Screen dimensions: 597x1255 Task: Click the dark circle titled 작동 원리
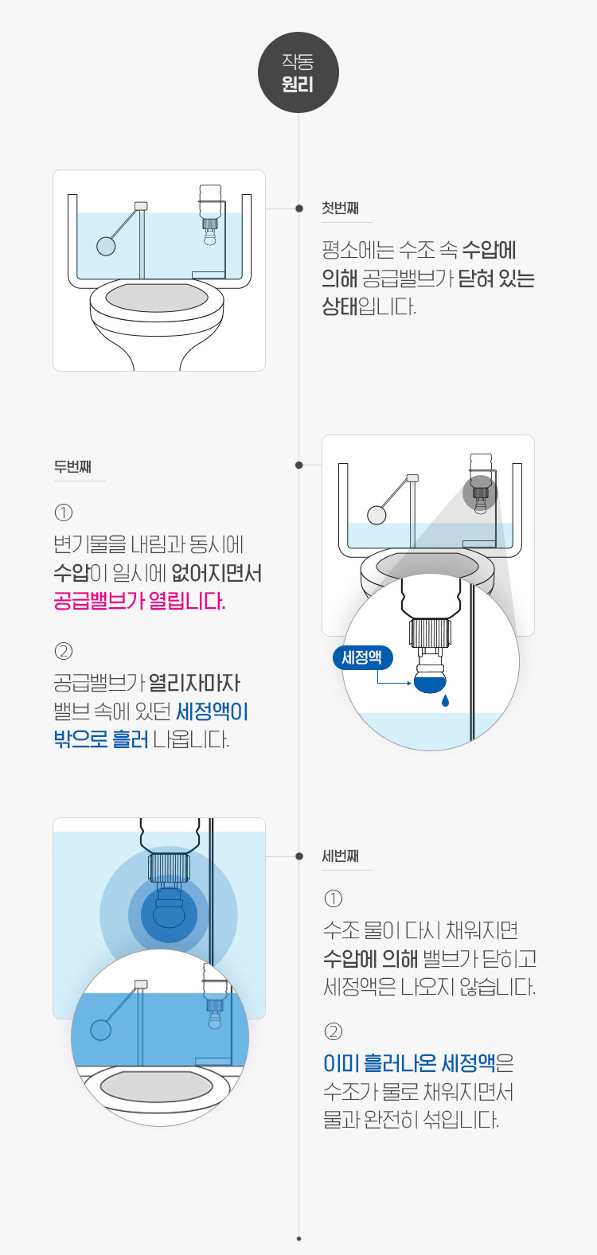coord(298,72)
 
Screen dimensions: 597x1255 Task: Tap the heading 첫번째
coord(340,209)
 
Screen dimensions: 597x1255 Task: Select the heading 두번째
coord(72,466)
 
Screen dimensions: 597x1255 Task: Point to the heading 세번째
coord(340,856)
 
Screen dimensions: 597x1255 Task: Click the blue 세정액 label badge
coord(362,657)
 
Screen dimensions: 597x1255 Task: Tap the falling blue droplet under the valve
coord(445,700)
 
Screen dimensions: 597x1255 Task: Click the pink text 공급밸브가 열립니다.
coord(139,601)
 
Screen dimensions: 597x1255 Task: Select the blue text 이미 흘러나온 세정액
coord(409,1063)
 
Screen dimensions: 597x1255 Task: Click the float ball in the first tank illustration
coord(106,246)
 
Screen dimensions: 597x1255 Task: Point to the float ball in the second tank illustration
coord(377,515)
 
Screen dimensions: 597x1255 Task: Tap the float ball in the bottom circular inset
coord(101,1030)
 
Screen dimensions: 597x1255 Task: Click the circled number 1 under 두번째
coord(64,513)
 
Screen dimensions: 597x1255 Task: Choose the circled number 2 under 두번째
coord(64,651)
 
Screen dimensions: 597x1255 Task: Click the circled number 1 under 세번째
coord(333,898)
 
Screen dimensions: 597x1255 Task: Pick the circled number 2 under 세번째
coord(333,1031)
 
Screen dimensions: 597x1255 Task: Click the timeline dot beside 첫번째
coord(299,209)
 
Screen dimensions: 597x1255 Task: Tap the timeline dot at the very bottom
coord(298,1239)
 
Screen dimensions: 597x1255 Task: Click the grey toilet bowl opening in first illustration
coord(157,298)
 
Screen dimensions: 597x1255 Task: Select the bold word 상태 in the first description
coord(339,306)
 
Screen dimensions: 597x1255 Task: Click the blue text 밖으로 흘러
coord(101,739)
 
